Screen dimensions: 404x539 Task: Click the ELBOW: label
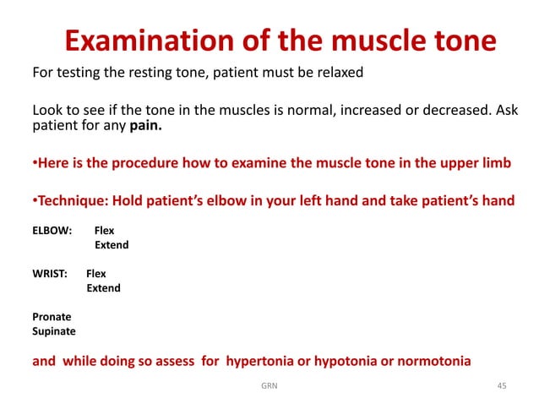pos(52,230)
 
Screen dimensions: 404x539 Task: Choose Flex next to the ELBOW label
pos(104,230)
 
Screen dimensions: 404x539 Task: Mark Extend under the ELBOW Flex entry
pos(112,245)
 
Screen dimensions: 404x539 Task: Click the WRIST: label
pos(50,274)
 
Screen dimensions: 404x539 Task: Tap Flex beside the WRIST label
pos(96,274)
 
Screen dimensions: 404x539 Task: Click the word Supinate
pos(54,331)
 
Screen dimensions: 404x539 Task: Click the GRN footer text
pos(269,386)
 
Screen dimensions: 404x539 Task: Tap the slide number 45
pos(502,386)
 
